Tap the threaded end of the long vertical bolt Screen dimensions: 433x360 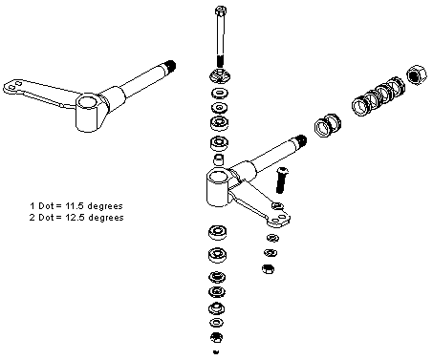click(x=220, y=61)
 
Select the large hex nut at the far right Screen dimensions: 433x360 click(x=417, y=74)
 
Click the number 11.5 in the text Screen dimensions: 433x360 click(x=73, y=206)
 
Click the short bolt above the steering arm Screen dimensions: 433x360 click(x=281, y=180)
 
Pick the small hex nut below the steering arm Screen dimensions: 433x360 click(x=269, y=269)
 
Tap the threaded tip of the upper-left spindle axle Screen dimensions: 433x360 click(x=170, y=66)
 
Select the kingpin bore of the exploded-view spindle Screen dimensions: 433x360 click(x=218, y=177)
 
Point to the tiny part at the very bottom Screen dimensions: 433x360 click(x=216, y=351)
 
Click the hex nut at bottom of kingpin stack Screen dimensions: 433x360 click(x=216, y=337)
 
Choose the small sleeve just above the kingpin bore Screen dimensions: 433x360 click(x=218, y=159)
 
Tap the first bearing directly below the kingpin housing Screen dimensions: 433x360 click(x=218, y=232)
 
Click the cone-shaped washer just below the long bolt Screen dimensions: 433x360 click(x=220, y=76)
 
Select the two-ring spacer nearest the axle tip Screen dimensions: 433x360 click(x=328, y=124)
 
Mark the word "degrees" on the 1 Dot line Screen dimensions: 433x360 click(x=105, y=206)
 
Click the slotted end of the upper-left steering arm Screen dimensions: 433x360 click(x=12, y=87)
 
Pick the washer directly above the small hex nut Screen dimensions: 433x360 click(x=271, y=253)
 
